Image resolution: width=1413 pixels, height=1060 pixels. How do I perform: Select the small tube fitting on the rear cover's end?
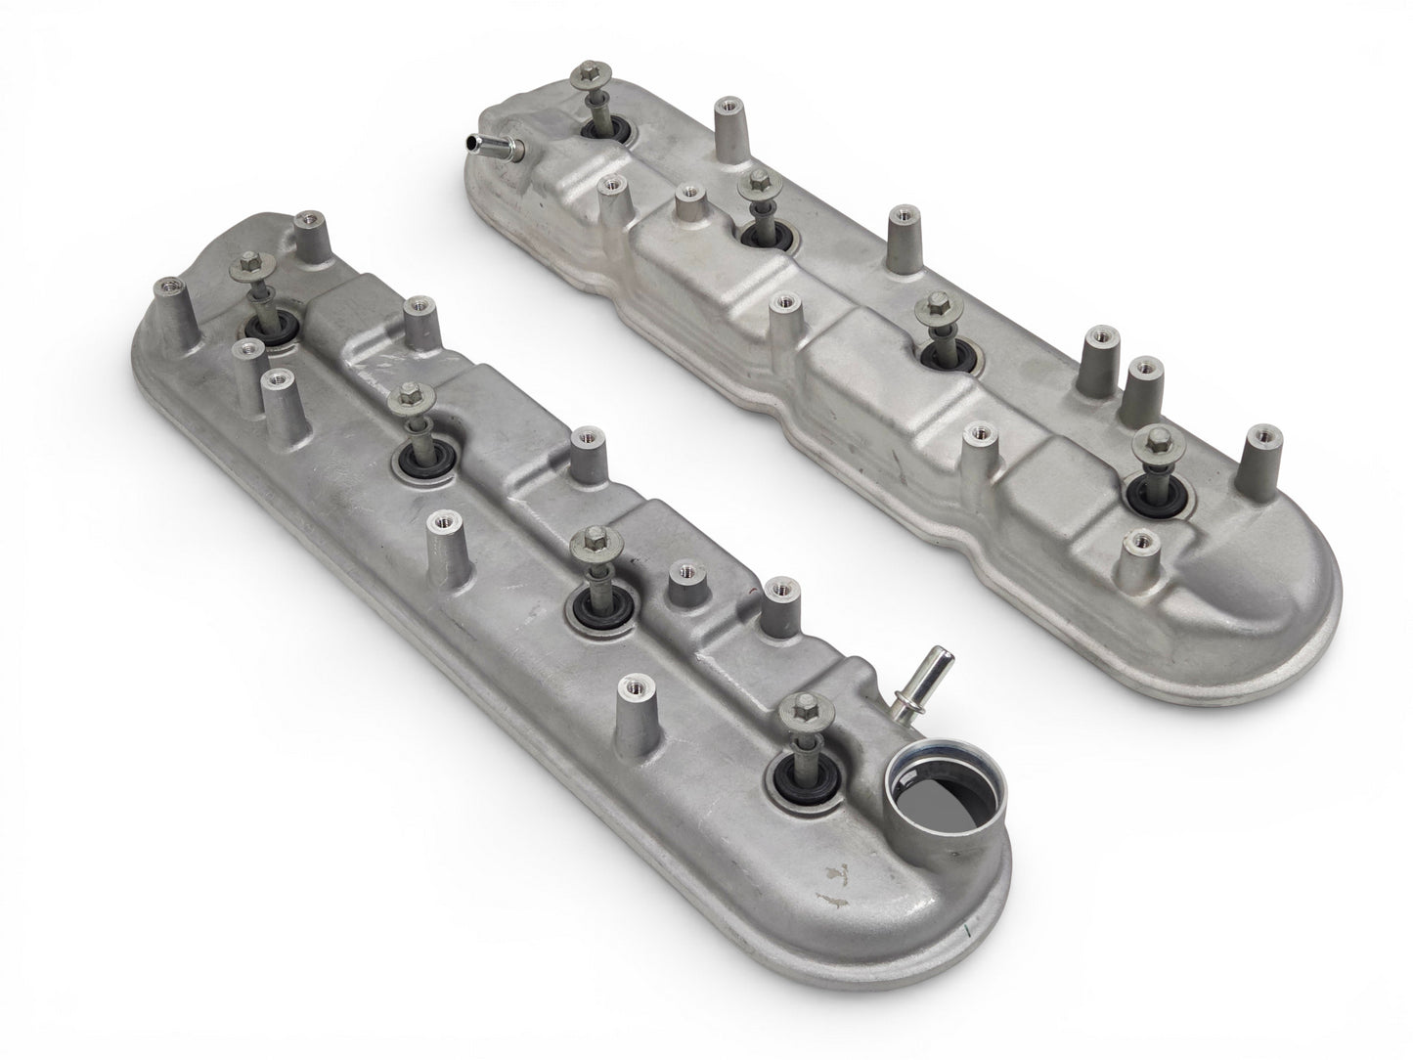pos(495,148)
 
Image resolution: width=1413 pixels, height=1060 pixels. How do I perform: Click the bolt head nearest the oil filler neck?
pos(805,704)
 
